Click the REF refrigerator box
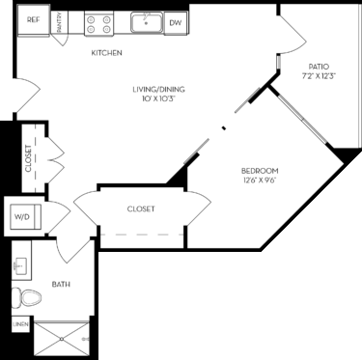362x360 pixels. (x=33, y=19)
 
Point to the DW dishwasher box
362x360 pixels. (x=176, y=20)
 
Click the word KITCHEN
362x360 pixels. (x=106, y=53)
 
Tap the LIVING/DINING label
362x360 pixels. (x=158, y=90)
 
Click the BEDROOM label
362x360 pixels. (x=261, y=172)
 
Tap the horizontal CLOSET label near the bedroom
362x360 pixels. (x=141, y=208)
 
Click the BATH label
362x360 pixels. (x=61, y=285)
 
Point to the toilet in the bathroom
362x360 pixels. (x=25, y=298)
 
